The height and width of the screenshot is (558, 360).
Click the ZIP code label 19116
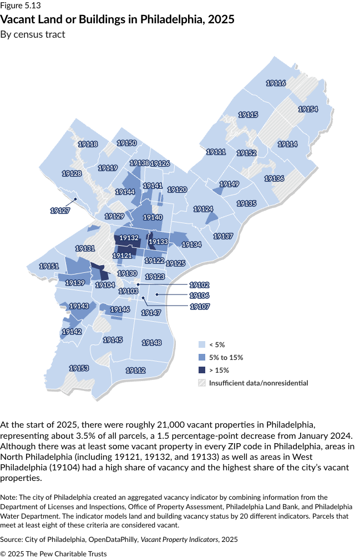[x=276, y=83]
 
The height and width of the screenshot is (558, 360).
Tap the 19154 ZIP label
[x=308, y=109]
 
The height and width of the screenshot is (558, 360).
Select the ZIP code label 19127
[x=60, y=211]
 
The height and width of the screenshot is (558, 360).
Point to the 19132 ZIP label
[x=129, y=238]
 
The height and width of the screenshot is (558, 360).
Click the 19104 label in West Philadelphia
[x=105, y=285]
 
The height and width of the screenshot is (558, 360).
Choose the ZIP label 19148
[x=151, y=343]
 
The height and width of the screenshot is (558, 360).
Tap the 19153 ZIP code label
[x=79, y=368]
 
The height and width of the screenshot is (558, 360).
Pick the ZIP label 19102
[x=200, y=285]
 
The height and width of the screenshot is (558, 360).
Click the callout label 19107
[x=200, y=306]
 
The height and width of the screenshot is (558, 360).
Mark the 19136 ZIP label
[x=274, y=179]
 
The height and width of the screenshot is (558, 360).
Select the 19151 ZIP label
[x=49, y=266]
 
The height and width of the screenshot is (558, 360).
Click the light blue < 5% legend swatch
[x=202, y=344]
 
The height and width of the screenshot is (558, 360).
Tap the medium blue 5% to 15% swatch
[x=202, y=357]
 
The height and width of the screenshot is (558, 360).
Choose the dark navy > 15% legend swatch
[x=202, y=370]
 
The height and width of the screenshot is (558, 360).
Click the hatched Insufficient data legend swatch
[x=202, y=383]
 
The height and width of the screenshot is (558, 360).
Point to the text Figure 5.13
[x=21, y=7]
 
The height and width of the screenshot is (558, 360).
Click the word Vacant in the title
[x=18, y=19]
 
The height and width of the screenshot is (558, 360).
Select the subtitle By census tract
[x=33, y=34]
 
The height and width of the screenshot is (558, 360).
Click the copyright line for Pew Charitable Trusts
[x=53, y=554]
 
